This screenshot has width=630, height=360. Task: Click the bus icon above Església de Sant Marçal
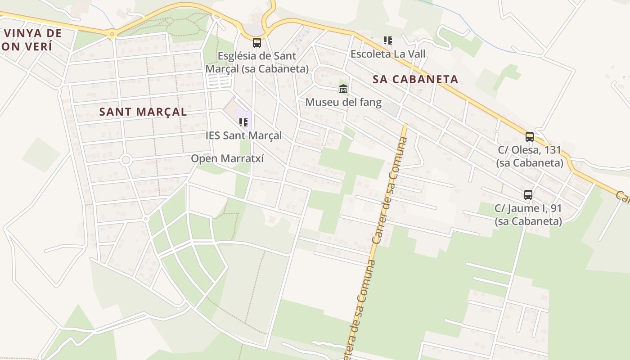point(257,43)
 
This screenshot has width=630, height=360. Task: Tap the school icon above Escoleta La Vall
point(388,40)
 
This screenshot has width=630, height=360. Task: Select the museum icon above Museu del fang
point(343,89)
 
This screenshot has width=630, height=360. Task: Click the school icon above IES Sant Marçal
point(243,122)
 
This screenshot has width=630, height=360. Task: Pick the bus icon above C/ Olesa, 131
point(530,137)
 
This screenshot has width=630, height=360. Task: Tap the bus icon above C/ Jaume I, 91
point(528,195)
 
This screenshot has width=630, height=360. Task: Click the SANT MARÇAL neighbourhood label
point(143,112)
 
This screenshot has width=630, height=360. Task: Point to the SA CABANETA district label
point(415,79)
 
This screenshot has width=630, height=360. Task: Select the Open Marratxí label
point(227,158)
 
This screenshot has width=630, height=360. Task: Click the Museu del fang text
point(343,102)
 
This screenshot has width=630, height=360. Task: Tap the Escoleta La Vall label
point(388,54)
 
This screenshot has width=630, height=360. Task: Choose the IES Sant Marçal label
point(243,135)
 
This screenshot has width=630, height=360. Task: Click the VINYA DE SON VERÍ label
point(31,39)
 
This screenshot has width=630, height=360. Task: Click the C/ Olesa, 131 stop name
point(530,156)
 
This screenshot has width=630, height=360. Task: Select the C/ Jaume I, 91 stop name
point(528,215)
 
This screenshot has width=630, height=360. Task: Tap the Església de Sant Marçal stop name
point(257,62)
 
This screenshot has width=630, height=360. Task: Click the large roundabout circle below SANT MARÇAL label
point(126,160)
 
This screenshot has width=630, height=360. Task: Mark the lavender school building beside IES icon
point(243,116)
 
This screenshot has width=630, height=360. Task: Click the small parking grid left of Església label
point(219,81)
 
